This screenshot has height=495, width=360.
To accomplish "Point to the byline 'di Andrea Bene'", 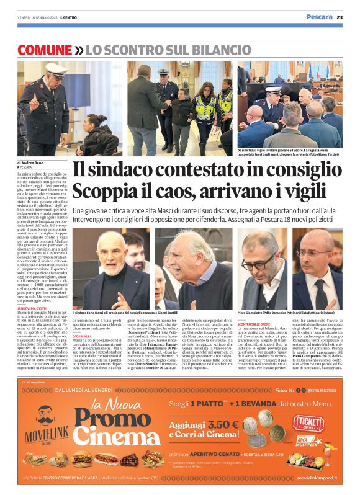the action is [30, 163].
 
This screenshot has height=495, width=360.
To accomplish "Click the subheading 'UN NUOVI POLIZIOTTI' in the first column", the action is [31, 306].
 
